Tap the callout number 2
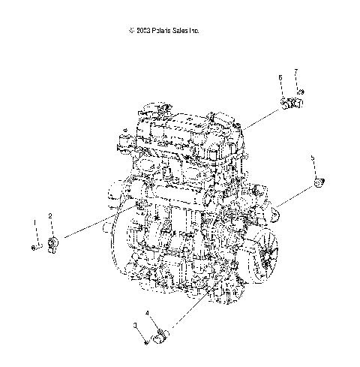50,215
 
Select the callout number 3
136,325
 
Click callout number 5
313,158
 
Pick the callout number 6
280,77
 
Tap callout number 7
295,71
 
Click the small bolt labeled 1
34,246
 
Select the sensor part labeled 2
53,243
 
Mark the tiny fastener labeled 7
299,92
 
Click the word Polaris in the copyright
163,31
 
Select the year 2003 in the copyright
143,31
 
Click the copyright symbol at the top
131,31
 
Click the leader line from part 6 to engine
262,116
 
